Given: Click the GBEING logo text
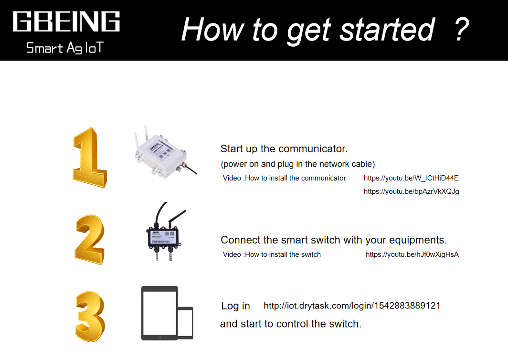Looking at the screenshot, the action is click(66, 21).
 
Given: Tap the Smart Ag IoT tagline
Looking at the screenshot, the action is click(65, 48).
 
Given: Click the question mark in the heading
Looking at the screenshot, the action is click(462, 29).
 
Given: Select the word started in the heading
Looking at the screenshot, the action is click(387, 30).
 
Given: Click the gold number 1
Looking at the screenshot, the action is click(89, 158).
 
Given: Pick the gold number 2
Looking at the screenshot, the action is click(90, 240).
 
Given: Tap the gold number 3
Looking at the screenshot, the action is click(90, 317).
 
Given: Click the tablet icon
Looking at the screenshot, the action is click(159, 313).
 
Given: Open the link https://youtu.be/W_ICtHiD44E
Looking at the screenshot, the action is click(411, 178).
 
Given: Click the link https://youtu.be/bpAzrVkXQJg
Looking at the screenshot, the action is click(412, 191).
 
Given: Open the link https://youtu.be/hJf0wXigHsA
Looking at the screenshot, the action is click(412, 254).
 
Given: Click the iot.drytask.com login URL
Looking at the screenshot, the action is click(352, 306).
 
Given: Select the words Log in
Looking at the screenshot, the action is click(235, 306).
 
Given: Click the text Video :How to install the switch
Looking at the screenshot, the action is click(272, 254).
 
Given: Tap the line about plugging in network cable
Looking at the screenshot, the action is click(298, 164).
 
